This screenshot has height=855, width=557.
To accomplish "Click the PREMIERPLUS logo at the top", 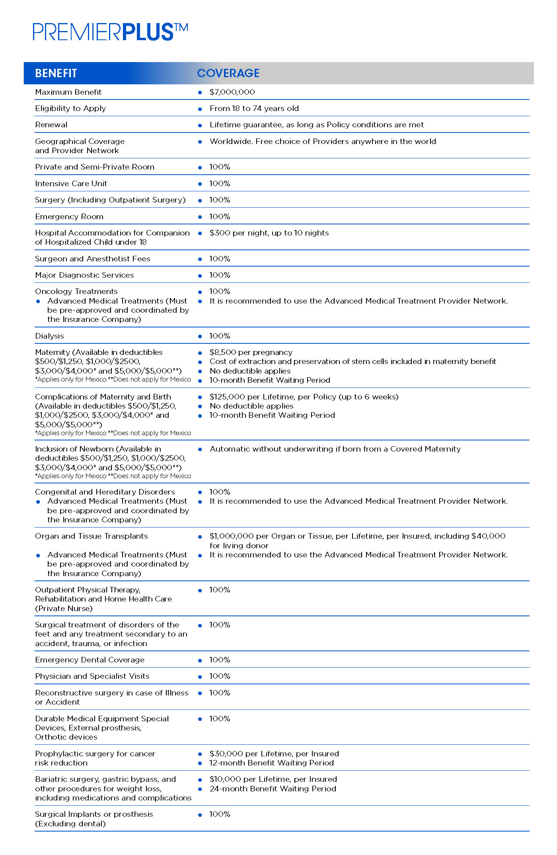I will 110,32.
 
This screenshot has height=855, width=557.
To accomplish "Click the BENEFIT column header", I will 56,73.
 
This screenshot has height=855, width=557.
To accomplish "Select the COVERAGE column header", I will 228,73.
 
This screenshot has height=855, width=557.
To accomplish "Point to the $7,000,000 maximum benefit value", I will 232,92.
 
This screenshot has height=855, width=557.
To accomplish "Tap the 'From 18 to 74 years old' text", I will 254,109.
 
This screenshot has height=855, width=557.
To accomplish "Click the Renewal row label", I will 51,125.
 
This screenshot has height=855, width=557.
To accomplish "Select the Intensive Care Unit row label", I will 71,184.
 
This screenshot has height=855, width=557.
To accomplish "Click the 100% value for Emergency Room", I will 220,217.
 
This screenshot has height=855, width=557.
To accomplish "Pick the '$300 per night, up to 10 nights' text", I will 269,233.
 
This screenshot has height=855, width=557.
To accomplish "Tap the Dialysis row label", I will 49,336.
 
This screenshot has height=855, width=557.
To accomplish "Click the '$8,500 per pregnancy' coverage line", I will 251,353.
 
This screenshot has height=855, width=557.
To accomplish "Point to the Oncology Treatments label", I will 76,292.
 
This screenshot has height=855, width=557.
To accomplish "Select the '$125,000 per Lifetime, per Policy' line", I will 304,397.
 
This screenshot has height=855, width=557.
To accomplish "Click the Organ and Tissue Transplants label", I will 91,536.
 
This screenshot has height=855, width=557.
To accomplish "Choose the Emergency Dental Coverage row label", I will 90,660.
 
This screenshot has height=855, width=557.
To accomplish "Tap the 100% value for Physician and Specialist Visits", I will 220,676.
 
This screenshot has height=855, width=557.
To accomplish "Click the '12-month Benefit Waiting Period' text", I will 271,763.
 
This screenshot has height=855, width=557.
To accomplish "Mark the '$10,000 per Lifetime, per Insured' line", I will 273,779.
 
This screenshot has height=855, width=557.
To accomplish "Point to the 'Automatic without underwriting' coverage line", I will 335,449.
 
